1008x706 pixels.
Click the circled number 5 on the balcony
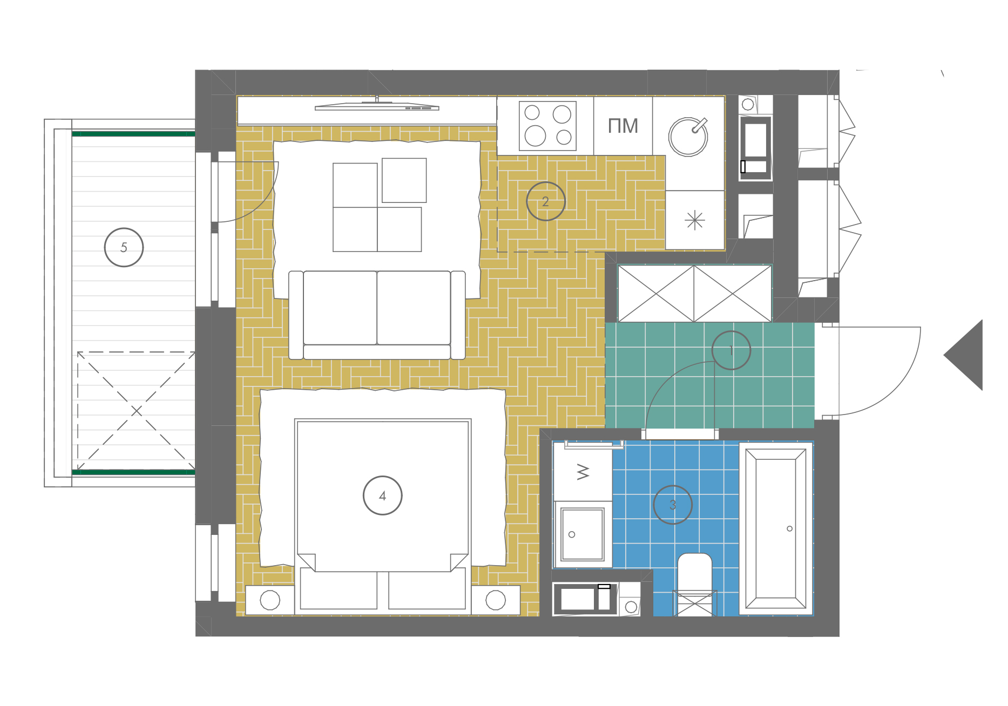(x=124, y=247)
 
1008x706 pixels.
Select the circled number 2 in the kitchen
(x=545, y=201)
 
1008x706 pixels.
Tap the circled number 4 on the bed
(x=382, y=495)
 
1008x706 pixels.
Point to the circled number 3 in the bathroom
(x=673, y=505)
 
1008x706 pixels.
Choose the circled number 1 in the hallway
(x=731, y=350)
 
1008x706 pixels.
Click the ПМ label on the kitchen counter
(x=623, y=126)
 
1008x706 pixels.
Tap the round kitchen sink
(x=688, y=137)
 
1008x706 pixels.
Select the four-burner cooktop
(x=547, y=126)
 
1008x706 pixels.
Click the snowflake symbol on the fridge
(x=694, y=220)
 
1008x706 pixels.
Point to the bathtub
(x=776, y=529)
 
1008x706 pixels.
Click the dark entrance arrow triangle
(x=963, y=355)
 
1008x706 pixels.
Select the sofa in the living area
(x=377, y=315)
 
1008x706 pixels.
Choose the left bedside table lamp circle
(x=270, y=600)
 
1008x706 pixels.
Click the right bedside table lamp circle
(x=496, y=600)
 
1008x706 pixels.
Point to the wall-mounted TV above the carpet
(x=377, y=106)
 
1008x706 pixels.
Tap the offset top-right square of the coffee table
(x=404, y=180)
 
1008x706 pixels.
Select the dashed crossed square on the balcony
(x=136, y=411)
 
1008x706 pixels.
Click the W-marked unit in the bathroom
(x=583, y=472)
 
